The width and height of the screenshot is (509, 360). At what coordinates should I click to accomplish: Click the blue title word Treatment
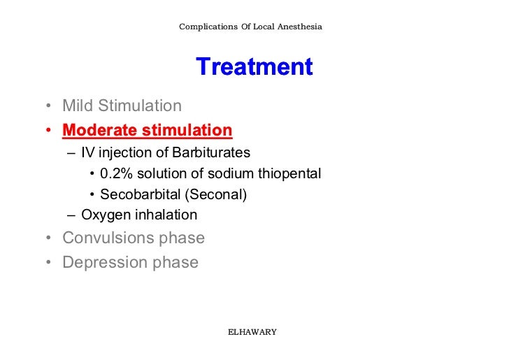[x=254, y=68]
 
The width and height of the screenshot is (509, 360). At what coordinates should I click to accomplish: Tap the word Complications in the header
[x=208, y=27]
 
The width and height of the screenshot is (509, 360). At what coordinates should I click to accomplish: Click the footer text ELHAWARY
[x=253, y=331]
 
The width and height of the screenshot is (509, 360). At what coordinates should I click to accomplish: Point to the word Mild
[x=78, y=106]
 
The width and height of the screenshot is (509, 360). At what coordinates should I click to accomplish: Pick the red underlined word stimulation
[x=187, y=130]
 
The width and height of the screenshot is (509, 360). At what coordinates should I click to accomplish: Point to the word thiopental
[x=289, y=173]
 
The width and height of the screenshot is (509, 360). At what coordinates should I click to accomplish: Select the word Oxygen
[x=104, y=215]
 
